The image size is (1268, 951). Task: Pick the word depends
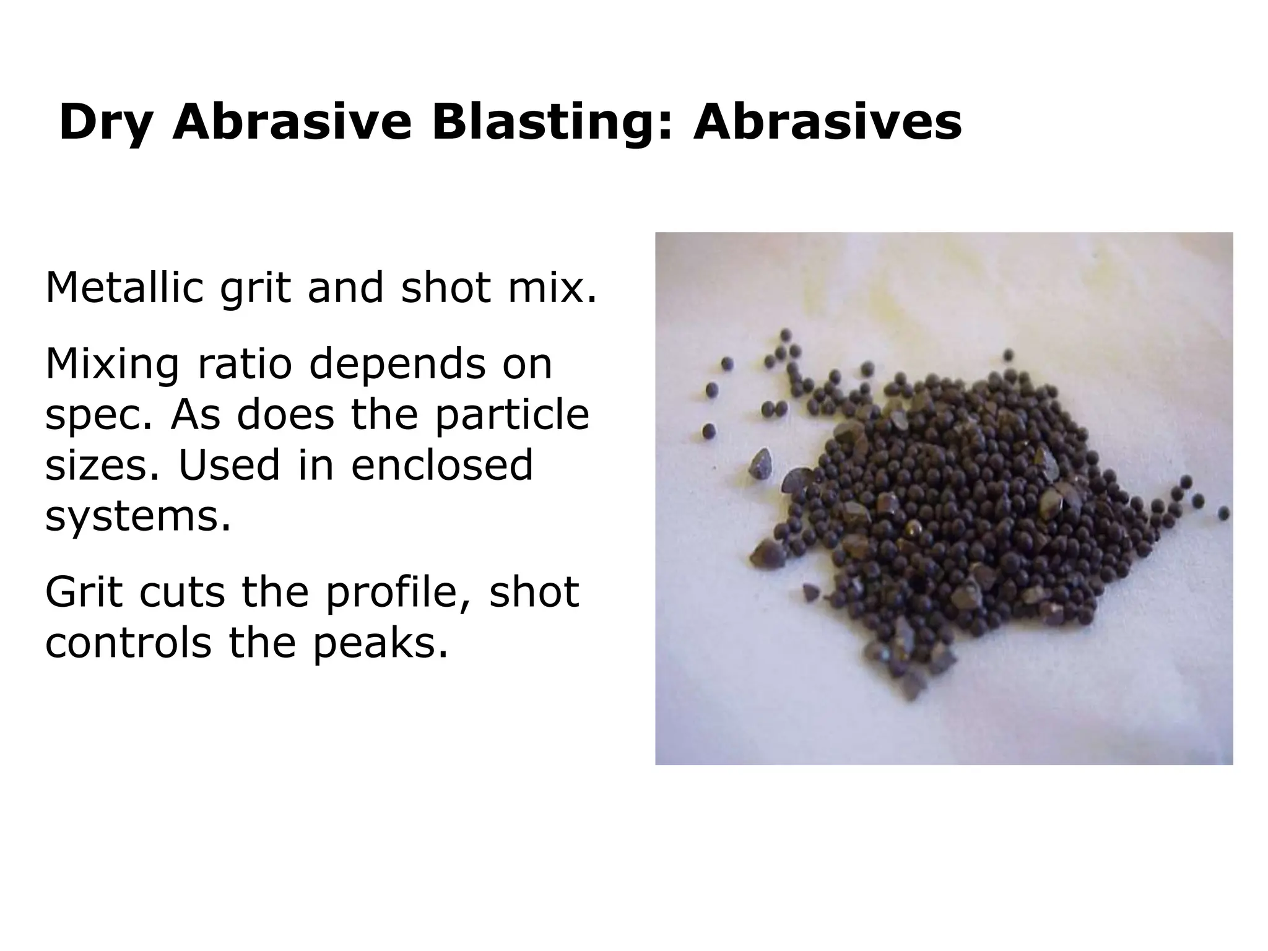(397, 365)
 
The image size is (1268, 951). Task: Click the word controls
(128, 643)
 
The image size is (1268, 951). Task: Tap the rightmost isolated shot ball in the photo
(1223, 513)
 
